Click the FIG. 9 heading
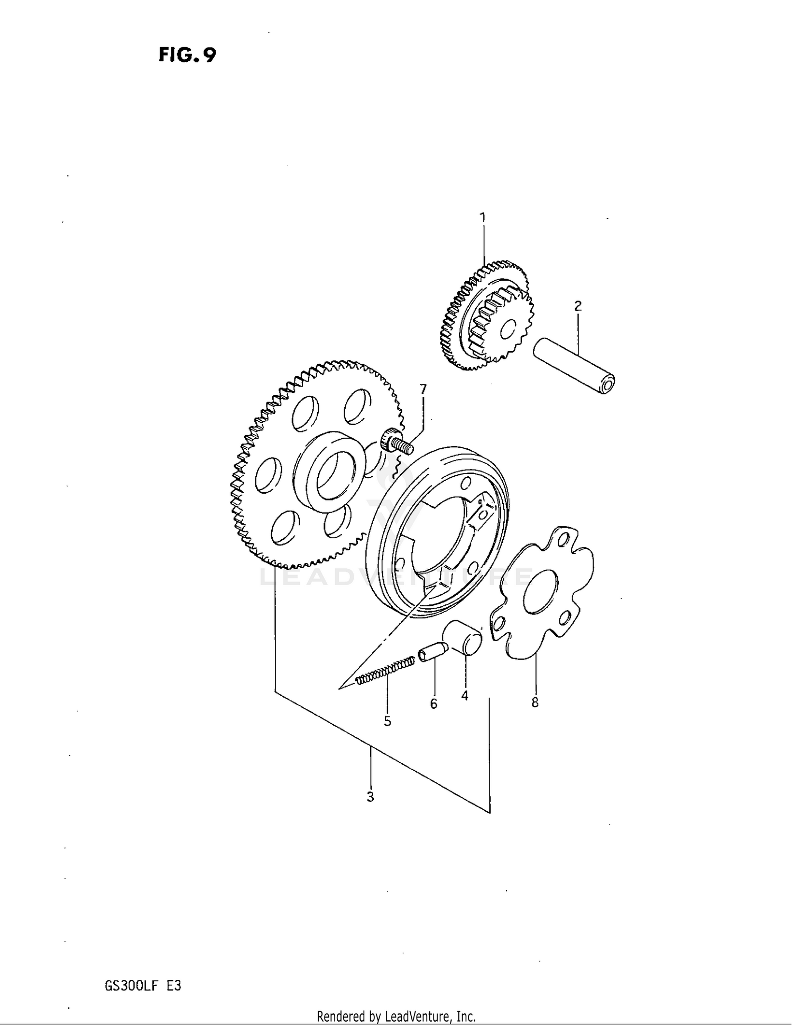coord(187,55)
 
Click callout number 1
coord(482,217)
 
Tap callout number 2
coord(578,306)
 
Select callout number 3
coord(370,797)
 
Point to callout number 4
coord(465,696)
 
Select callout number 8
coord(535,703)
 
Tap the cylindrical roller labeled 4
coord(463,638)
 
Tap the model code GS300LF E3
coord(143,986)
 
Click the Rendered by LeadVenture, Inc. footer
coord(396,1016)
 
